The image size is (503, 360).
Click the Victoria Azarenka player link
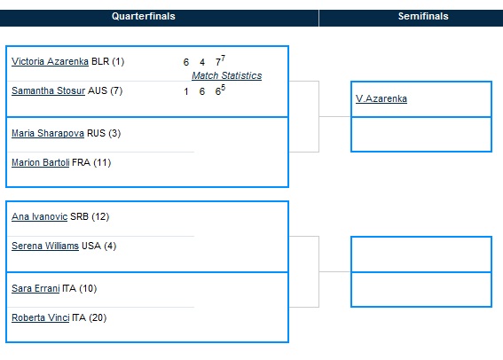(x=50, y=61)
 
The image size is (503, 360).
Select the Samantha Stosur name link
(x=49, y=90)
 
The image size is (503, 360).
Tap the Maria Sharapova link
(x=48, y=133)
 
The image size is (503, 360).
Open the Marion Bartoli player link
(x=41, y=162)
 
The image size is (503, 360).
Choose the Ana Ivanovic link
(x=39, y=216)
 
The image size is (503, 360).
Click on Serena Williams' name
(x=45, y=246)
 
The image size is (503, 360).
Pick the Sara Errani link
(x=35, y=288)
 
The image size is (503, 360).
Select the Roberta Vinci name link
(x=41, y=317)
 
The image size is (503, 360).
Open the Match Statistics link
(x=227, y=75)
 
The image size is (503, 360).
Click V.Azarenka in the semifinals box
(x=381, y=98)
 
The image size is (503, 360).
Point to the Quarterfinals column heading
(x=144, y=16)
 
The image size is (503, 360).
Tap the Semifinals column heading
(x=423, y=16)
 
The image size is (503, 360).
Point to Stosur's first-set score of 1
(x=186, y=91)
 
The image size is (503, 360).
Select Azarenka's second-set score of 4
(x=202, y=62)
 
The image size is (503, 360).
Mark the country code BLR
(x=100, y=61)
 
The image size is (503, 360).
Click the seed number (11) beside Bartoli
(x=102, y=162)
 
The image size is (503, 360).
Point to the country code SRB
(x=79, y=216)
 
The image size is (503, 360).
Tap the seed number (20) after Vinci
(x=98, y=317)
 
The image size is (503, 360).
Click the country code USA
(x=91, y=246)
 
